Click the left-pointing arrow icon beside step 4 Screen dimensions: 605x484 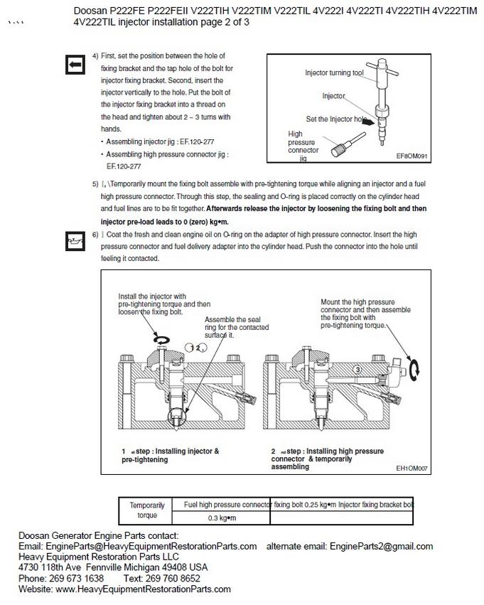(x=74, y=65)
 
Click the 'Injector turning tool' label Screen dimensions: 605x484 (x=334, y=73)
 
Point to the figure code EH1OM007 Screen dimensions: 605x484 (x=412, y=469)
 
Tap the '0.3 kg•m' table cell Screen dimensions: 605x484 (x=221, y=518)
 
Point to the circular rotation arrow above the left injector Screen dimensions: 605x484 (x=163, y=341)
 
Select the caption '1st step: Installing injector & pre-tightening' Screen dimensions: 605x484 (x=171, y=455)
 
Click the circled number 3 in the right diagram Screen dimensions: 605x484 (x=358, y=370)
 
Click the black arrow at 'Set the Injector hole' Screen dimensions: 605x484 (x=369, y=121)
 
